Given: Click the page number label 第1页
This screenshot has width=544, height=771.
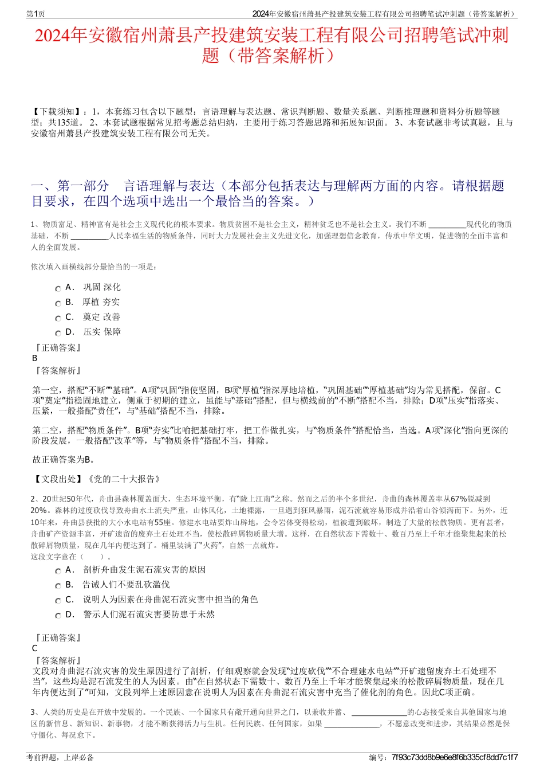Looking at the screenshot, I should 36,14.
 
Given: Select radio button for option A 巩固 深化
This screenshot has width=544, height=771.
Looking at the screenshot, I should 58,288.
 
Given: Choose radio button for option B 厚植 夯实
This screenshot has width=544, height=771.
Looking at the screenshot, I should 58,303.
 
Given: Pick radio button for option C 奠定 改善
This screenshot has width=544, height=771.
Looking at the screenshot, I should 58,318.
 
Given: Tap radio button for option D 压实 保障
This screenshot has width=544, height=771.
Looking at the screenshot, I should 58,333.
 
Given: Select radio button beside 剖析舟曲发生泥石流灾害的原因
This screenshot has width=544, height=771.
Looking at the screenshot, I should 58,571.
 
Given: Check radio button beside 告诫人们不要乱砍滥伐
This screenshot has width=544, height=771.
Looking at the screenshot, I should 58,586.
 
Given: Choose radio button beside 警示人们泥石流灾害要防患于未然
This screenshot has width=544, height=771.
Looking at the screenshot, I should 58,616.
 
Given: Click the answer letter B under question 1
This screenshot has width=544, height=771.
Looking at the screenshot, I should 35,358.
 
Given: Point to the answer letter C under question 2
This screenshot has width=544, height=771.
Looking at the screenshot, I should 35,648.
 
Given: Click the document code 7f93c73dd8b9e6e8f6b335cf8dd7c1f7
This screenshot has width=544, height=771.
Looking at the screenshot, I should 455,757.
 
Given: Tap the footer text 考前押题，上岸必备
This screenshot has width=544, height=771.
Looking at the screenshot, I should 60,757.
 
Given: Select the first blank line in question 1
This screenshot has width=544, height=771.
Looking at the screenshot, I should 447,224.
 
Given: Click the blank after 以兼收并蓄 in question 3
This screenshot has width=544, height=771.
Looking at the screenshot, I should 379,713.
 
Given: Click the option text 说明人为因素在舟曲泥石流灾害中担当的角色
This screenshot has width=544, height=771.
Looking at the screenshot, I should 171,600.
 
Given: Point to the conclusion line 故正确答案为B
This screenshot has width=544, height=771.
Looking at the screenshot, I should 64,460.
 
